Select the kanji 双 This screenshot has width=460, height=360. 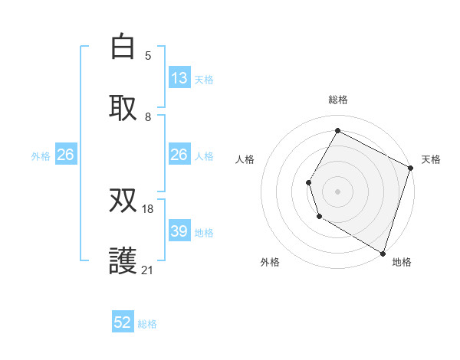point(123,201)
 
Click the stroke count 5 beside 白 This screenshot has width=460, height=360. point(148,55)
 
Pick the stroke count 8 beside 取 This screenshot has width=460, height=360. point(148,117)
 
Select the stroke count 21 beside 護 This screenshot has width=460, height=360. point(148,270)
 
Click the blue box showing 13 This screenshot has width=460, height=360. point(179,78)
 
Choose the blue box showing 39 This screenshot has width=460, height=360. point(179,231)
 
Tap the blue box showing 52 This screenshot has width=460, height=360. point(123,322)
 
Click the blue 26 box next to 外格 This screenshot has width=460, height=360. point(65,155)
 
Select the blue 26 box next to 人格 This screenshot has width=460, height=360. point(179,155)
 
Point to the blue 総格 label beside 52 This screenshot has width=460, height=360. point(147,324)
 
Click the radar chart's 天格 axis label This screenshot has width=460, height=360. point(431,159)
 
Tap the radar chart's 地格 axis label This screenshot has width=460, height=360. point(402,262)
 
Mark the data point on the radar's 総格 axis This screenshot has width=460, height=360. point(337,130)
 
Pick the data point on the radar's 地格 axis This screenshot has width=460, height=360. point(383,252)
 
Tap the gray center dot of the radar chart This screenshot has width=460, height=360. point(337,191)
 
